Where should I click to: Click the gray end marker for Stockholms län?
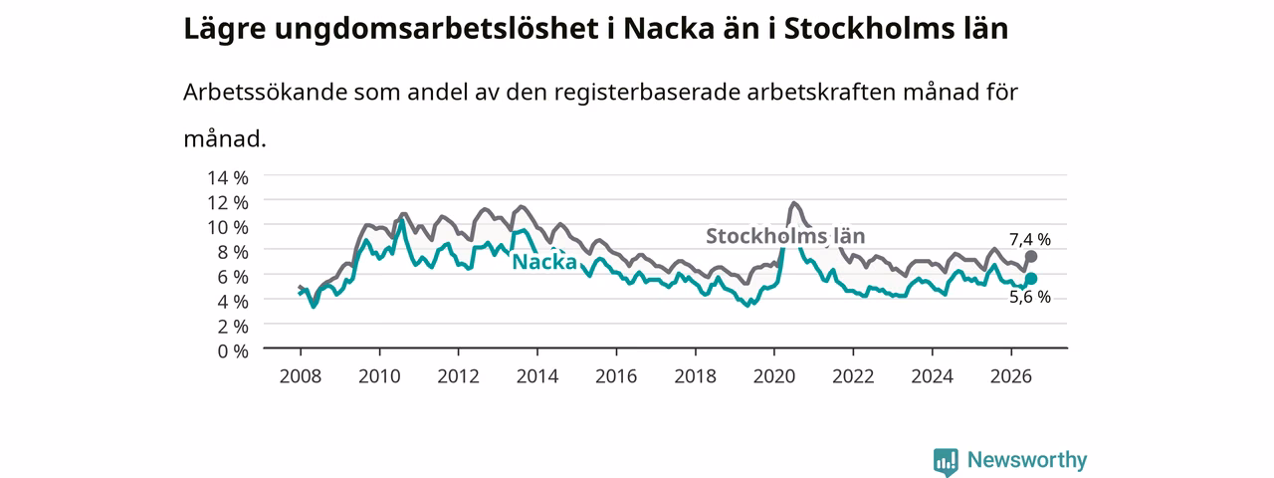[1030, 257]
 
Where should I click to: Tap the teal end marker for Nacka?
[1030, 278]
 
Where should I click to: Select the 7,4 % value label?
[1030, 240]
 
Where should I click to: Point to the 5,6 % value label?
[1030, 297]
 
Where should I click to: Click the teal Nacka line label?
[544, 262]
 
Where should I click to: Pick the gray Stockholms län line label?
[785, 236]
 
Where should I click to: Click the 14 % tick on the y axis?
[228, 178]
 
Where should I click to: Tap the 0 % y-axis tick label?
[233, 352]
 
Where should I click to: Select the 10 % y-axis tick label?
[228, 228]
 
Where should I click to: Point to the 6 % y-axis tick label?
[233, 277]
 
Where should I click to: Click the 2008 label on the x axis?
[301, 376]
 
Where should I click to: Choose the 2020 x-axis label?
[774, 376]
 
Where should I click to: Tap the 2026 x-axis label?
[1011, 376]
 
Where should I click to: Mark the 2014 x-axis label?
[537, 376]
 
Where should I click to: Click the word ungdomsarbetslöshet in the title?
[436, 29]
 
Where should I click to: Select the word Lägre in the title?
[225, 30]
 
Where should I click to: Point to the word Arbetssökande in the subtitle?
[265, 92]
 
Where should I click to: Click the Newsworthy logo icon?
[946, 461]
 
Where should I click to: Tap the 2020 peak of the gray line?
[794, 203]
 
